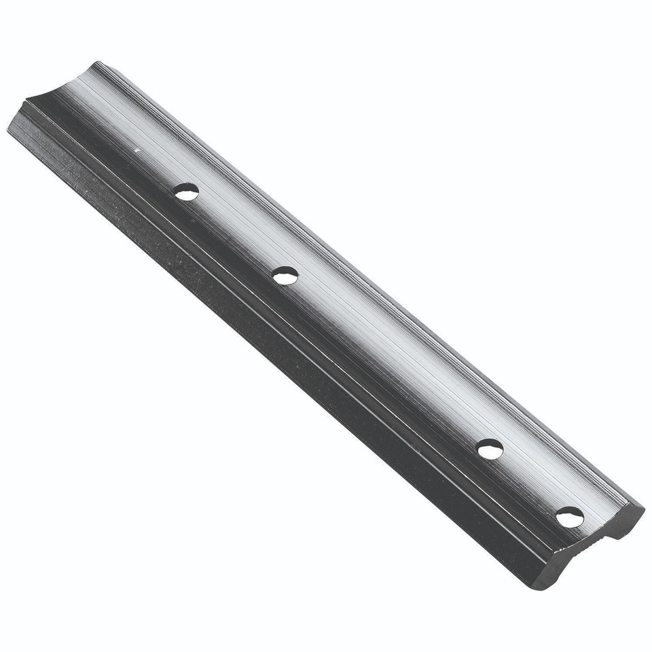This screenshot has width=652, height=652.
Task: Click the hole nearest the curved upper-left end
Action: click(185, 193)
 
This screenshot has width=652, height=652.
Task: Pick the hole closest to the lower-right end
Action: click(569, 515)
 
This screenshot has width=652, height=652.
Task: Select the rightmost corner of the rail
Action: click(642, 506)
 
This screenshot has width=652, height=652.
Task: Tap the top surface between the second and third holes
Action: click(387, 360)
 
